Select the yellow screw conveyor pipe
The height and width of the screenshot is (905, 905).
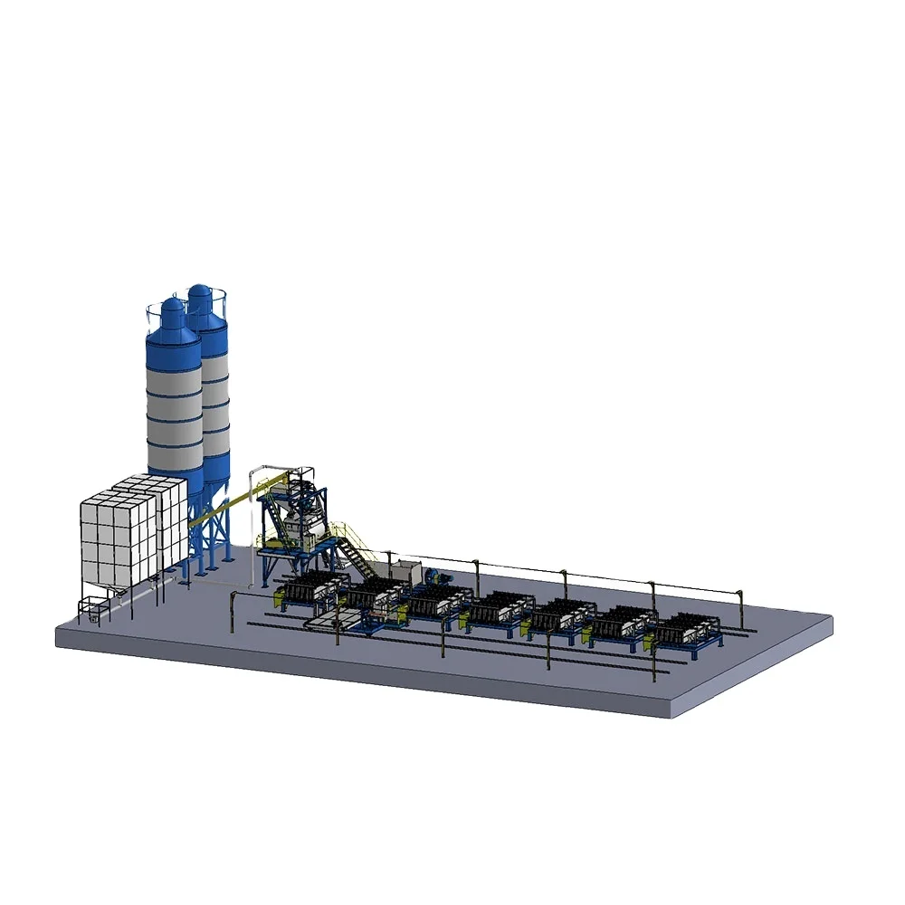point(226,513)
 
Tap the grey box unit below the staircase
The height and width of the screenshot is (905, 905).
point(405,571)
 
